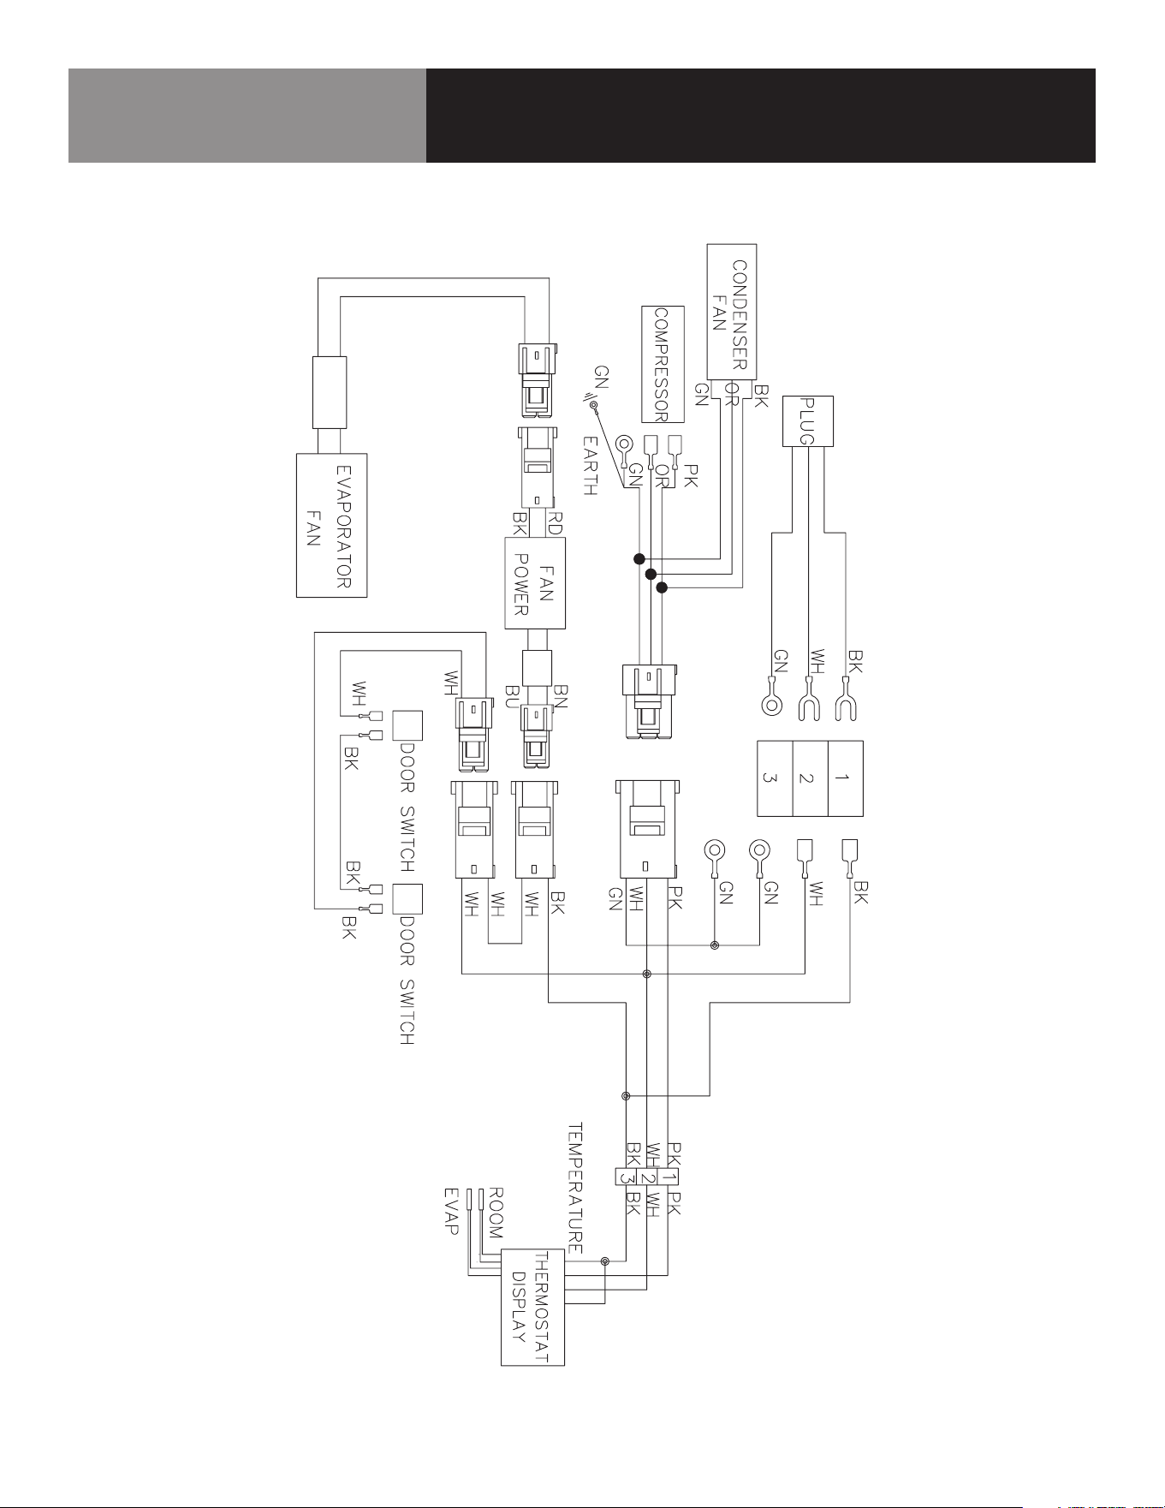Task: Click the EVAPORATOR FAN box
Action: click(331, 525)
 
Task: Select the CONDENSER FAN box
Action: click(731, 312)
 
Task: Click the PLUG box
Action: click(807, 420)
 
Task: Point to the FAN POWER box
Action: click(530, 584)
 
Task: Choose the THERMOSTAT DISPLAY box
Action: click(532, 1307)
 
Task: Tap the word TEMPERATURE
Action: click(575, 1188)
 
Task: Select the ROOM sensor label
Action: click(495, 1213)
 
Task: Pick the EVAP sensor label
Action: click(451, 1211)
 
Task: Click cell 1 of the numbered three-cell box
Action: click(845, 778)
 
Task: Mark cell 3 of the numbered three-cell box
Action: click(775, 778)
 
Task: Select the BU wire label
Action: click(513, 694)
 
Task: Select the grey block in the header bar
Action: click(247, 116)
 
